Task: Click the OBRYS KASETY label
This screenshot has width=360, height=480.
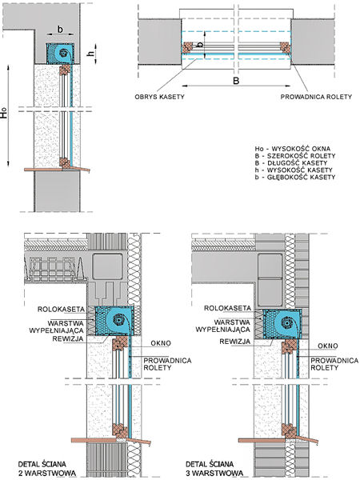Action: [x=159, y=97]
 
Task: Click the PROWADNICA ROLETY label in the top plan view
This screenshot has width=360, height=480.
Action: [x=316, y=97]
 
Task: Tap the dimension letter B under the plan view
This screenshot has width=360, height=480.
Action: [x=236, y=81]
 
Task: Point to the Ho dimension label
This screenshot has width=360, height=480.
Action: [x=4, y=114]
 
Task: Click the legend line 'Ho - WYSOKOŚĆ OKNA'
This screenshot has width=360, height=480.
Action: [x=292, y=149]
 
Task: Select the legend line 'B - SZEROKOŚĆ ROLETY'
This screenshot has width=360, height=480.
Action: [x=295, y=156]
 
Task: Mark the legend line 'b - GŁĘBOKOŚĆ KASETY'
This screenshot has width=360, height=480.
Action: [x=295, y=177]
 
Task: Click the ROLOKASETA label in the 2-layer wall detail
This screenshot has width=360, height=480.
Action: [x=61, y=309]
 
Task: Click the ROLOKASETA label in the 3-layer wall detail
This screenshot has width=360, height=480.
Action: [x=227, y=308]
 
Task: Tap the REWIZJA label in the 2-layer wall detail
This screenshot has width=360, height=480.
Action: [x=68, y=339]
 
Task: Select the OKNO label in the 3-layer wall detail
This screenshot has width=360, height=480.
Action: [x=328, y=346]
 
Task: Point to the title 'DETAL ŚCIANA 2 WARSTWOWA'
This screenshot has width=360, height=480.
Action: [x=47, y=469]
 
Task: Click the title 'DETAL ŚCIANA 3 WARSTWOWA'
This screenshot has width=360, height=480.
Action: [x=214, y=469]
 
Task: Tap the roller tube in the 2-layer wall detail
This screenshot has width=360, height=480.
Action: [x=118, y=320]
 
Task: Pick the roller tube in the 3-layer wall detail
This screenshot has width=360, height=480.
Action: [x=287, y=323]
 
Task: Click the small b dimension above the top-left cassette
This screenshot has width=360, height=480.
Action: [x=60, y=30]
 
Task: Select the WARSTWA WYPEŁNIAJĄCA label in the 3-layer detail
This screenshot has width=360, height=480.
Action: [x=223, y=326]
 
